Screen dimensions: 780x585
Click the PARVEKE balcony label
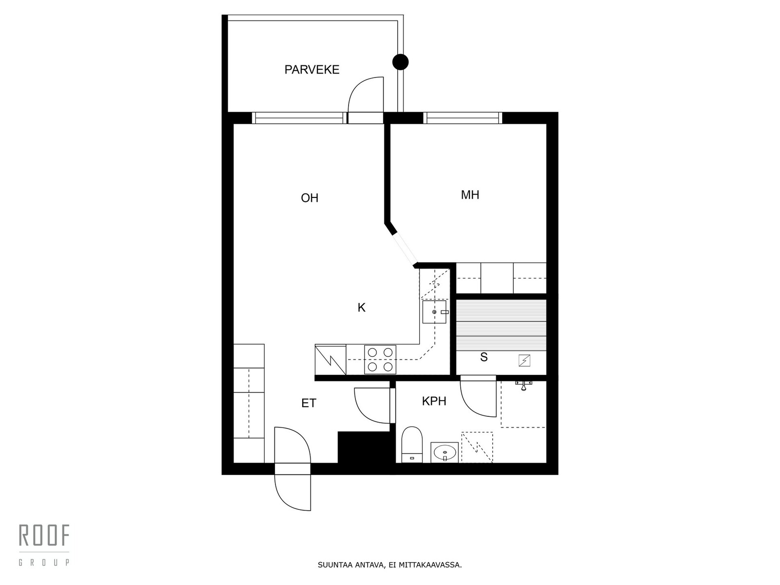312,70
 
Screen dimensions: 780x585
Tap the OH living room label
310,198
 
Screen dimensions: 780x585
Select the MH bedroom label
470,195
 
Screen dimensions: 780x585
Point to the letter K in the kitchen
361,308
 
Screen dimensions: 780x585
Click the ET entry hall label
309,403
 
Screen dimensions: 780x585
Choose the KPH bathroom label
434,401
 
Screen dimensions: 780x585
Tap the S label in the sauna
484,357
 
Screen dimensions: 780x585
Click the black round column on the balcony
401,62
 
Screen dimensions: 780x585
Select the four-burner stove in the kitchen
380,359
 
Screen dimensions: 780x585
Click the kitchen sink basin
434,312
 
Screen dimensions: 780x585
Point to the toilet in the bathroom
411,445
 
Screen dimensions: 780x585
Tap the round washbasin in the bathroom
445,453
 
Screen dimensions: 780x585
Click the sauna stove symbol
525,361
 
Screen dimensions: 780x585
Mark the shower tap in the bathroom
524,385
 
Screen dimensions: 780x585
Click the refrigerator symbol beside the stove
331,359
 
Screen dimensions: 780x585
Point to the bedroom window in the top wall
463,118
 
